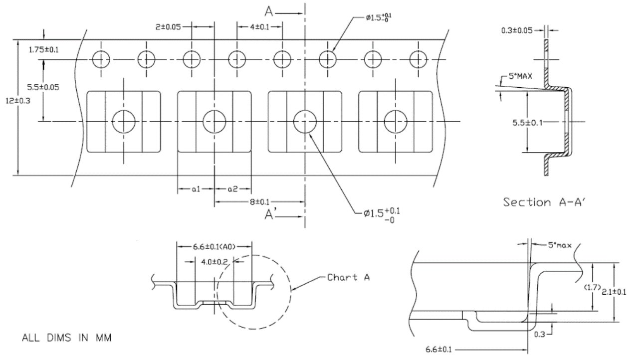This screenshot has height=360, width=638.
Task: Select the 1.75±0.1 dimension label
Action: [26, 50]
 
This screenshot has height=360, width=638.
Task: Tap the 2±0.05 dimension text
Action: [168, 27]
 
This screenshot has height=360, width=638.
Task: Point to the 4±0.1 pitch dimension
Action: [259, 27]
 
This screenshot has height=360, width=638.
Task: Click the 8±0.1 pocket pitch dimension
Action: [259, 201]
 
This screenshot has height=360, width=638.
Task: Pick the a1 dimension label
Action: [196, 189]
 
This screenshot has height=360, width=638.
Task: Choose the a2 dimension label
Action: [232, 189]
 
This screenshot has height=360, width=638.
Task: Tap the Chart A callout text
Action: [349, 277]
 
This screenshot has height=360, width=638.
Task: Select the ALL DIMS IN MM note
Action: [66, 338]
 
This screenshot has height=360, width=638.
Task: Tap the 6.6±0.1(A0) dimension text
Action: [215, 246]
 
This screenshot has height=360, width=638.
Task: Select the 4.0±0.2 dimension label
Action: [214, 261]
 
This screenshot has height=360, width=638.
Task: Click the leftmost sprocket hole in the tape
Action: [100, 59]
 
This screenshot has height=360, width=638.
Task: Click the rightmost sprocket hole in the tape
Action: [418, 59]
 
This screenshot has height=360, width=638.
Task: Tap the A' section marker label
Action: [271, 214]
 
